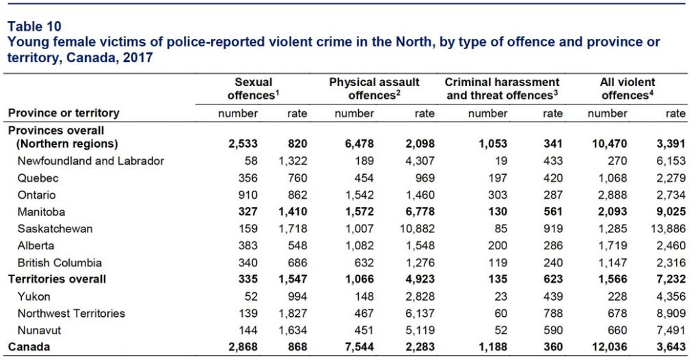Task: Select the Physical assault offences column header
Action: [374, 89]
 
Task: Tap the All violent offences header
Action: [627, 89]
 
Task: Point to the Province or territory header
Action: [64, 113]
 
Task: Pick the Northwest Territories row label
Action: [72, 314]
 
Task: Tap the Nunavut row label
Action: [38, 331]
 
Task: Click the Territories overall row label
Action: [57, 279]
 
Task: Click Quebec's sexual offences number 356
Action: [249, 178]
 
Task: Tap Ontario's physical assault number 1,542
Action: [360, 195]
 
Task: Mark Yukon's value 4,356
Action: [671, 296]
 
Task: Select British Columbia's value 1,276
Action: [418, 263]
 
